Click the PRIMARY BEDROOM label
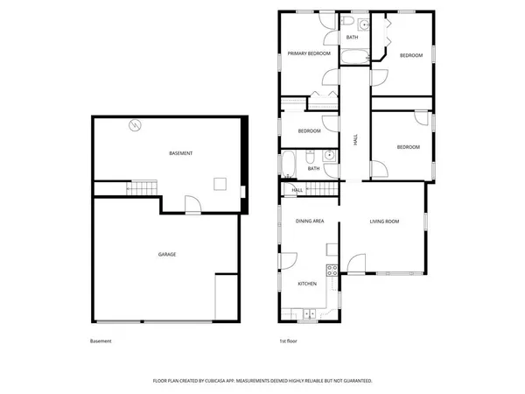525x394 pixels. (309, 54)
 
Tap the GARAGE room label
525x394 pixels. (167, 255)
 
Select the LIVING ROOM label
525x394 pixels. (384, 222)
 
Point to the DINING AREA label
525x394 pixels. (310, 222)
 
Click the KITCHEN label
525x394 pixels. (307, 284)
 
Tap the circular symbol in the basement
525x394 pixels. (134, 125)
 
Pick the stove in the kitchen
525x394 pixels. (332, 271)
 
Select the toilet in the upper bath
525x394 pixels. (348, 21)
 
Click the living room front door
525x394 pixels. (354, 263)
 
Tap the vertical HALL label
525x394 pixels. (355, 139)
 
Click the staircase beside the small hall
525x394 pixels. (325, 189)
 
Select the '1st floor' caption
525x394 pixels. (289, 341)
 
